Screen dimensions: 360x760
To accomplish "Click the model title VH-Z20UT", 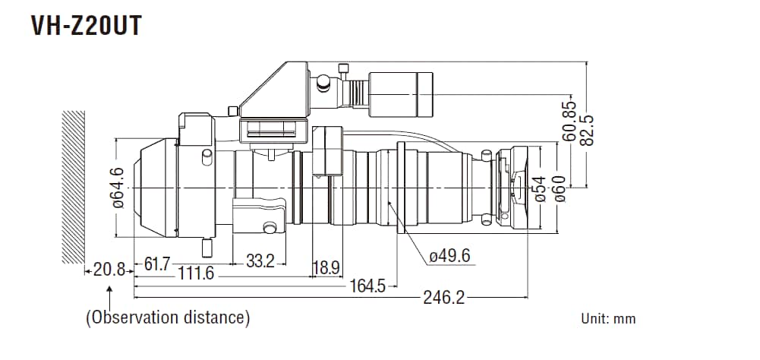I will pos(86,25).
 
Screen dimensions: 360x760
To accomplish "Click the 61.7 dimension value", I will pos(157,264).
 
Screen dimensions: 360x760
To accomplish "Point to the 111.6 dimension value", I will pos(195,273).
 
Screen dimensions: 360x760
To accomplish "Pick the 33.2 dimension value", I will pos(260,262).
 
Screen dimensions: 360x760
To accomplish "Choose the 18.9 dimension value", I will pos(326,267).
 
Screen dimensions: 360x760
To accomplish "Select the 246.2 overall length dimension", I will pos(444,298).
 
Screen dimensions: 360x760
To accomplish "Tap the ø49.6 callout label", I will pos(449,256).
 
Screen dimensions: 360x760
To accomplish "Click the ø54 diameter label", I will pos(540,188).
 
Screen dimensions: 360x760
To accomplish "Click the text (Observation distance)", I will pos(168,317).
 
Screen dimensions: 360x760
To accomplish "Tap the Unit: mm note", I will pos(608,319).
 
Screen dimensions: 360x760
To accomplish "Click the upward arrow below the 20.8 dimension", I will pos(112,292).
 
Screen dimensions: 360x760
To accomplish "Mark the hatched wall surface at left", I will pos(73,186).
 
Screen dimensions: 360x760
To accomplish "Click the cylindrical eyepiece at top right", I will pos(401,93).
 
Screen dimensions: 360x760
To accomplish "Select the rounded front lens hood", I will pos(152,187).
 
